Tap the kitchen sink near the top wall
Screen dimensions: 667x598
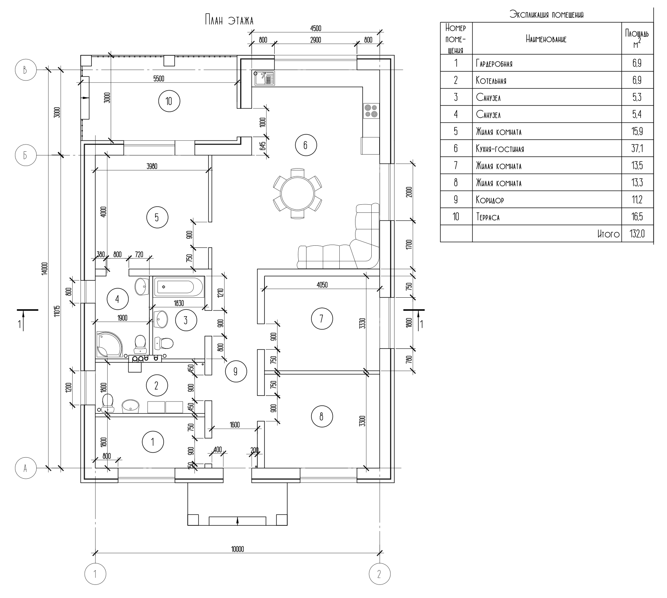coord(264,78)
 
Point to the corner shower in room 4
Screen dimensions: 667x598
coord(109,344)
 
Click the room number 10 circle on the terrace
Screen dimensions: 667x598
coord(169,101)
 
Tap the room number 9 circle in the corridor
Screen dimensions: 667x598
coord(236,371)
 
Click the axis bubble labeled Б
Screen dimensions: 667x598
coord(26,155)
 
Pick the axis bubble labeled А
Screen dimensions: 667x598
coord(26,468)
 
